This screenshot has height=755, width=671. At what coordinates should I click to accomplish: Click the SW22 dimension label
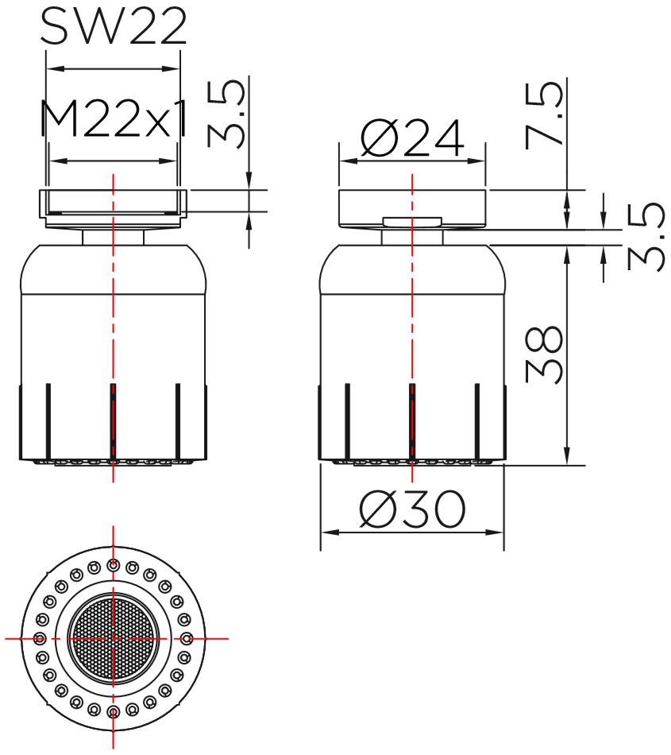[x=114, y=27]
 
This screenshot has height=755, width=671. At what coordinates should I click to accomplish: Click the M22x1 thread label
[x=113, y=119]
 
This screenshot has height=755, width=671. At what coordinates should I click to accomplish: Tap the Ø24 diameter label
[x=412, y=138]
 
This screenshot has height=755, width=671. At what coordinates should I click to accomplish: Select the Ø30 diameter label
[x=413, y=509]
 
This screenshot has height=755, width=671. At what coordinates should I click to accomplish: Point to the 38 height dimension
[x=544, y=355]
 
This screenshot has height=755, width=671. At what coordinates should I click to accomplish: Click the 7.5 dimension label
[x=544, y=115]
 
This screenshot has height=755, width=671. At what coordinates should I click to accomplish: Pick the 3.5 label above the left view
[x=226, y=114]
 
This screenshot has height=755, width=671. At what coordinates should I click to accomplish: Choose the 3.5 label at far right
[x=646, y=237]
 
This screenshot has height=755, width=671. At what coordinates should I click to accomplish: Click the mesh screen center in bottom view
[x=113, y=638]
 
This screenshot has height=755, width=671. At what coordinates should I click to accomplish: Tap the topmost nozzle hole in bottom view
[x=113, y=565]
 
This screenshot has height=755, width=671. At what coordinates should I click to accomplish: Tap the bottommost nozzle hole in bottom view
[x=113, y=711]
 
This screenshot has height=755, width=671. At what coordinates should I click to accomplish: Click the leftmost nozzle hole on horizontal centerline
[x=40, y=639]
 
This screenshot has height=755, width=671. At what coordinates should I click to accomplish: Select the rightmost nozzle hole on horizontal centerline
[x=187, y=639]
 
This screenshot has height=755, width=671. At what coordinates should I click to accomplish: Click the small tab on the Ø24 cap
[x=412, y=222]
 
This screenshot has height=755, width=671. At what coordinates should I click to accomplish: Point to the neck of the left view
[x=113, y=238]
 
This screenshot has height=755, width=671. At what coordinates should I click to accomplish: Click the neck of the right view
[x=412, y=238]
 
